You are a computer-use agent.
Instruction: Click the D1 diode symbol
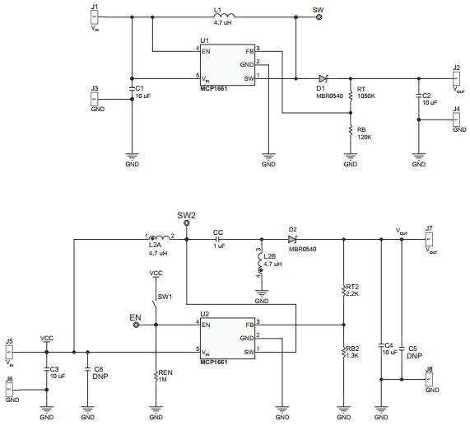tap(323, 78)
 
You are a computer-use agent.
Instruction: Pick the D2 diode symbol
tap(292, 240)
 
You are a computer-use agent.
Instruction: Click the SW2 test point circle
tap(187, 223)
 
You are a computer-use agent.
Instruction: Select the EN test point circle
tap(136, 325)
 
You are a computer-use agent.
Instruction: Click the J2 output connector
tap(456, 78)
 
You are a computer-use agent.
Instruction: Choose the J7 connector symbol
tap(428, 240)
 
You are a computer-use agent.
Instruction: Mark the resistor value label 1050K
tap(367, 96)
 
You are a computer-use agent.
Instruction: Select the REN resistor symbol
tap(156, 377)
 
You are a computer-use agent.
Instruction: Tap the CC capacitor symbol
tap(217, 240)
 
